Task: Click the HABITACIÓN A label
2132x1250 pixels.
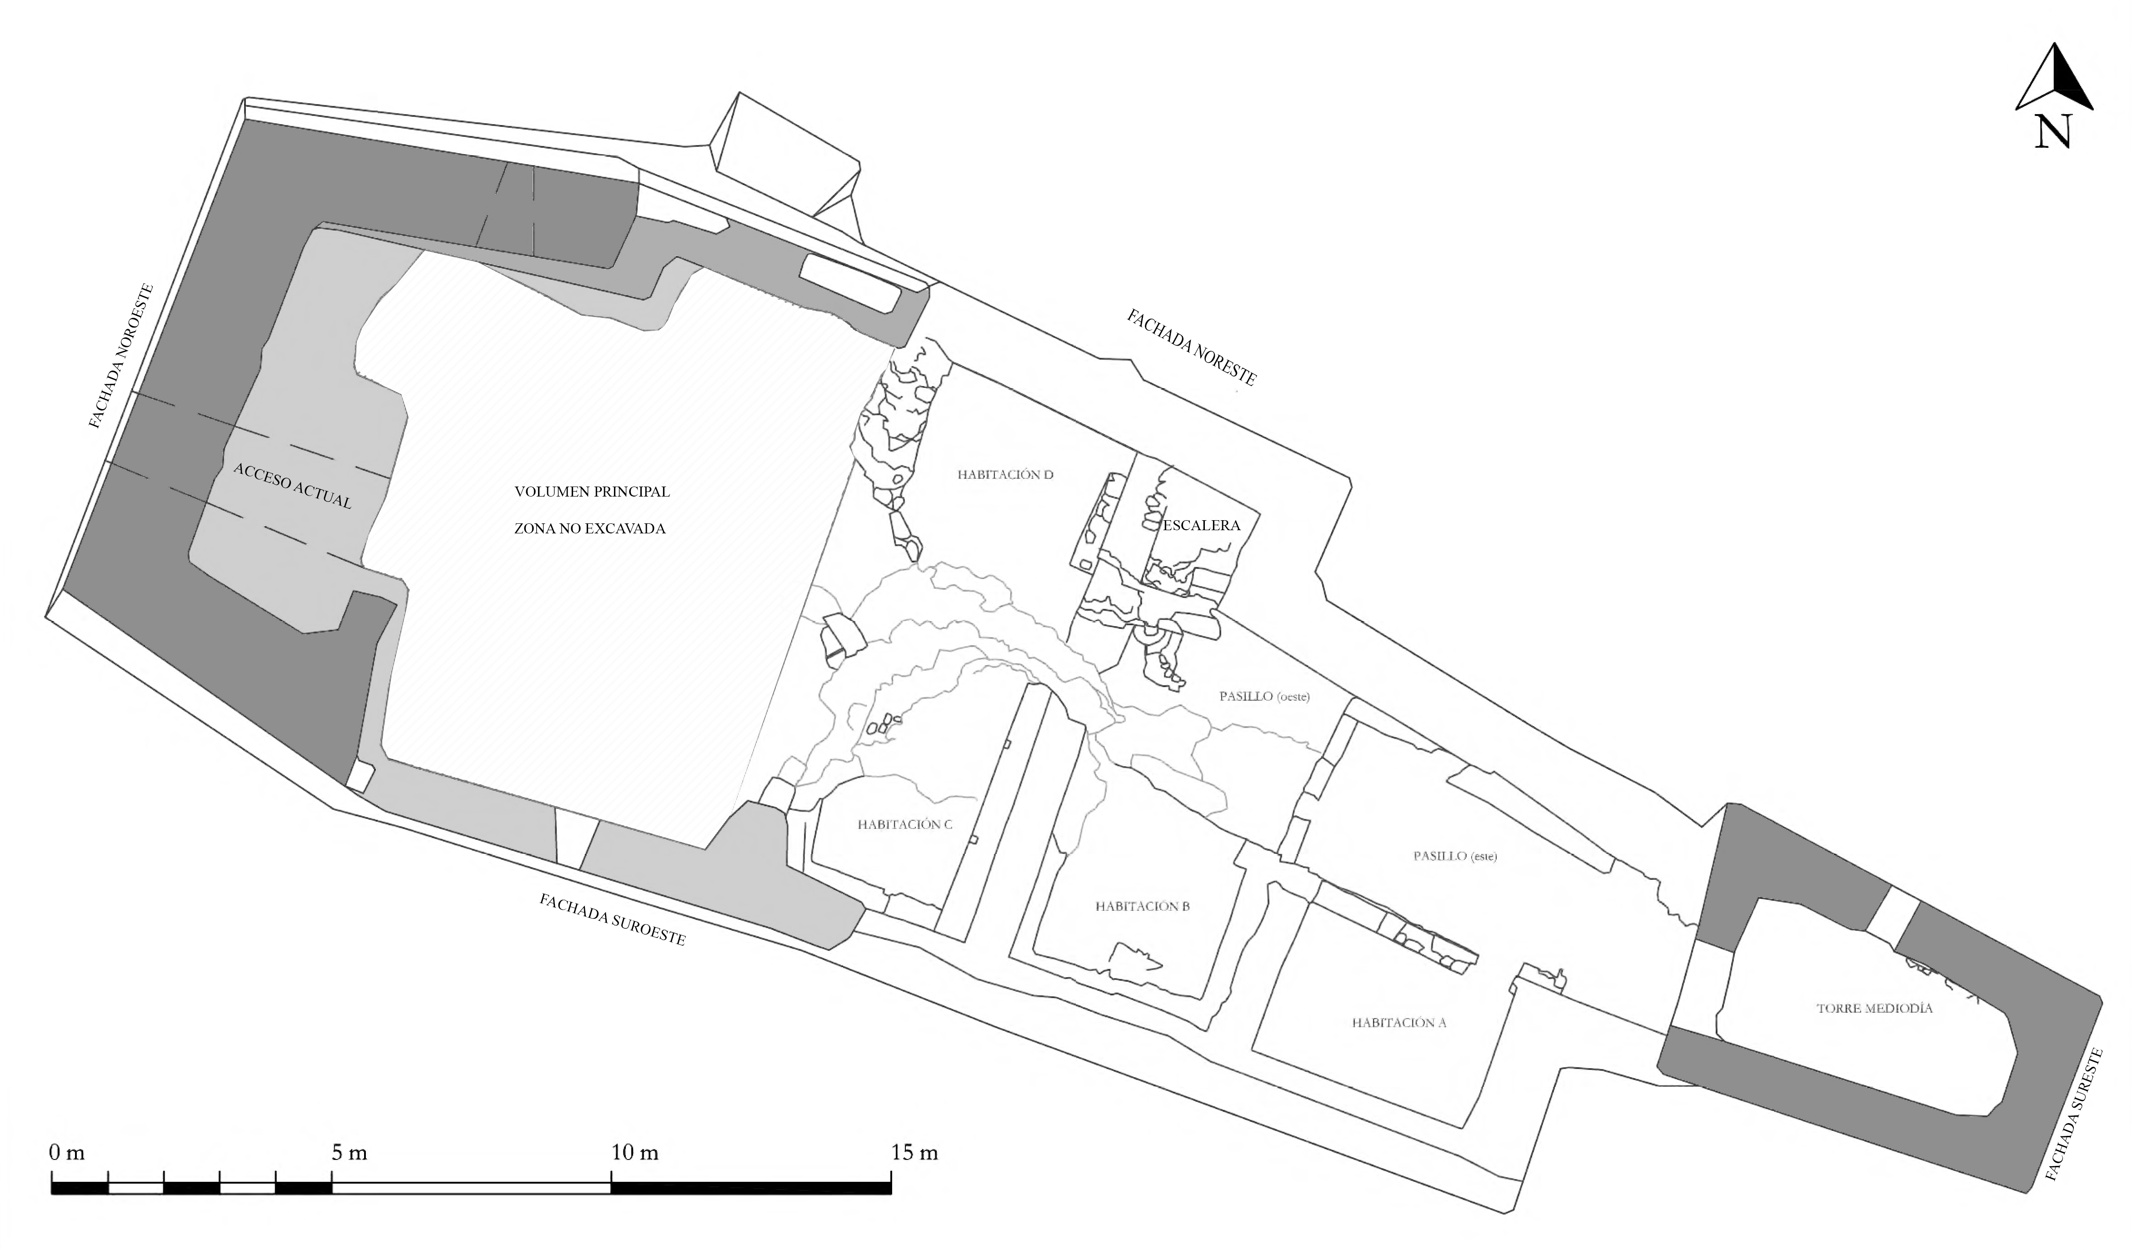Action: point(1398,1022)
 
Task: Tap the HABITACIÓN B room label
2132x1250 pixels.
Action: point(1142,906)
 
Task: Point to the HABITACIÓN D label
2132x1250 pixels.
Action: point(1005,475)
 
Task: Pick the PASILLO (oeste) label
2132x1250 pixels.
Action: point(1264,697)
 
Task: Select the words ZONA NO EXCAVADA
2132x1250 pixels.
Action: point(589,529)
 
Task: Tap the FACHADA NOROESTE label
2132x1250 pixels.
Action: point(123,356)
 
